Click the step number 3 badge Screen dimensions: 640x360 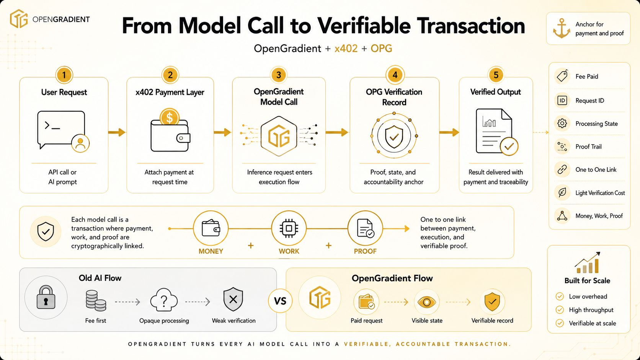(279, 75)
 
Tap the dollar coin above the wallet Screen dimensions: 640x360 (170, 117)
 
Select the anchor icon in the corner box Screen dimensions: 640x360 (562, 28)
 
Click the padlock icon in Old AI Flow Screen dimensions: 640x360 (46, 297)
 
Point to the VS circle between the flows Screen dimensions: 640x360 (280, 301)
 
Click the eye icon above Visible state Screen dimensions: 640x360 (426, 302)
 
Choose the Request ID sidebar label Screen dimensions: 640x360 (590, 101)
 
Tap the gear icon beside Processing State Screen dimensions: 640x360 (562, 123)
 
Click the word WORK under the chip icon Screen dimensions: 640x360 (289, 251)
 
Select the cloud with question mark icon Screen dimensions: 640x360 (164, 300)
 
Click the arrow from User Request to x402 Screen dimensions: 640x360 (117, 132)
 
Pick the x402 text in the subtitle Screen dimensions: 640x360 (346, 49)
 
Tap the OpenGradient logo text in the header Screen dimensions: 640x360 (61, 20)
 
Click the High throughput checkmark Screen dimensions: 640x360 (560, 310)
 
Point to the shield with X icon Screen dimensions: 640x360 (233, 299)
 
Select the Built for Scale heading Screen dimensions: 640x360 (587, 281)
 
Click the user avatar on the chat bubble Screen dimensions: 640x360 (80, 143)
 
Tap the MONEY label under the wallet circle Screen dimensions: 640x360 (211, 251)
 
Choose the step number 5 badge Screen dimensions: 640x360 (496, 75)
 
